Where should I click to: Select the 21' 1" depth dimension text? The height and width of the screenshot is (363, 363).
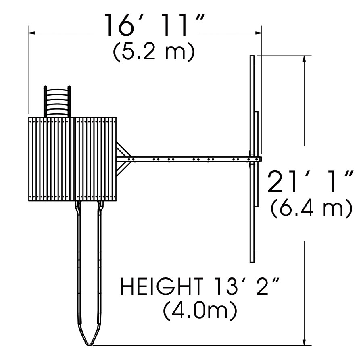click(x=310, y=181)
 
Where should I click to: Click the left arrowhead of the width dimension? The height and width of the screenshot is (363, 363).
click(x=32, y=33)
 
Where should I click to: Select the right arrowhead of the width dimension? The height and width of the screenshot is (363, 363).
click(x=259, y=33)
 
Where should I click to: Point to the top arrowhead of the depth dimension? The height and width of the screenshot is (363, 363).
click(x=304, y=58)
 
